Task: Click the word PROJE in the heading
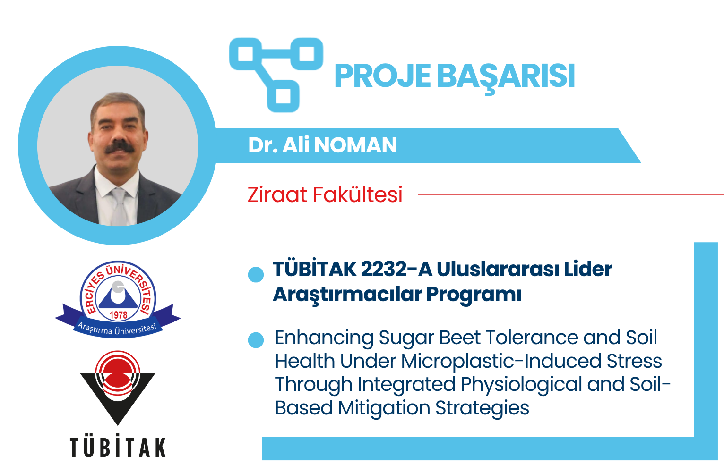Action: pos(382,76)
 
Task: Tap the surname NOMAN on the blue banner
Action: pos(355,145)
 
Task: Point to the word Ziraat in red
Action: pos(277,194)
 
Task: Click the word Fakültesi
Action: pos(357,194)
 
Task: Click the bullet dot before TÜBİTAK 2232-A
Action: pos(256,275)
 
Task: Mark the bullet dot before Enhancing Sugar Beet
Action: pos(256,340)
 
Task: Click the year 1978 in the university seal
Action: pos(118,315)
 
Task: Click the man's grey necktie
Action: pos(119,207)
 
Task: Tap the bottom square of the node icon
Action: pos(283,96)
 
